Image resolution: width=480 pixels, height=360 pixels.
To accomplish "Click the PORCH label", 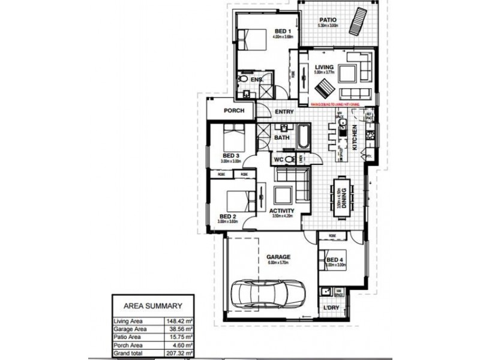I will tap(233, 111).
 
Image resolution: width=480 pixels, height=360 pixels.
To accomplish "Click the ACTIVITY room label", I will tap(282, 211).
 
